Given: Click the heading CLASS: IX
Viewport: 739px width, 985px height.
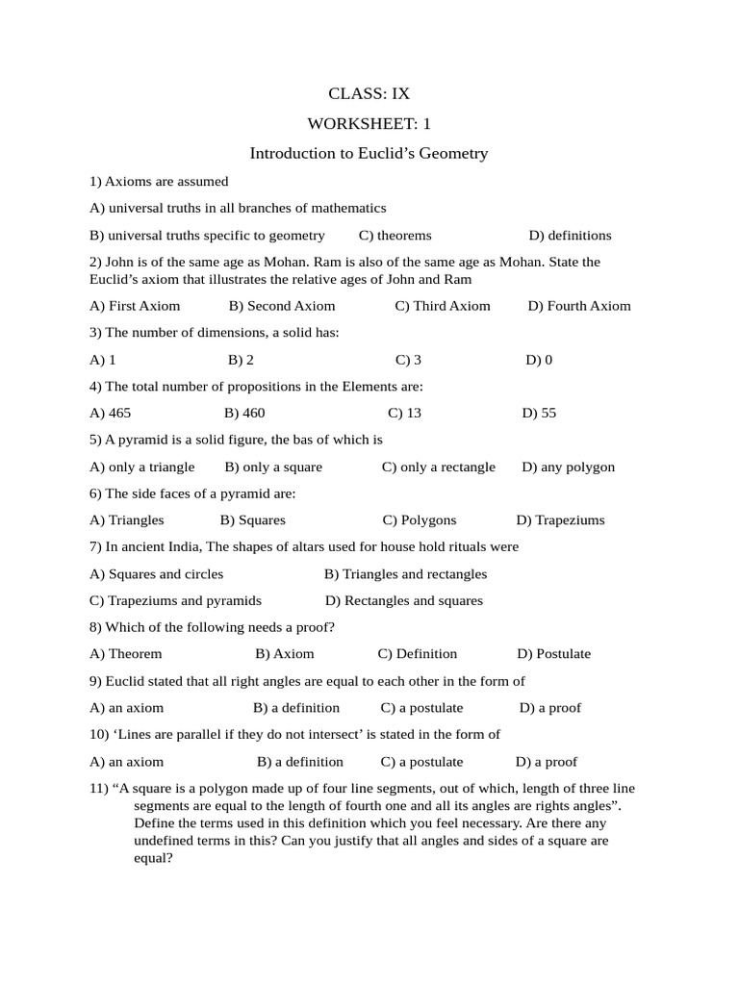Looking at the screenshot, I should point(369,93).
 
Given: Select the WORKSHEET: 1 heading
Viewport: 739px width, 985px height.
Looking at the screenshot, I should point(369,123).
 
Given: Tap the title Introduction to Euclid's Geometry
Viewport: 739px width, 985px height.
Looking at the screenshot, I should point(369,153).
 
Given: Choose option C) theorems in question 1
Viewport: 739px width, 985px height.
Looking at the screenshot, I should point(395,235).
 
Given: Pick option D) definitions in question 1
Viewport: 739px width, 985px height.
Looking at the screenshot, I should point(570,235).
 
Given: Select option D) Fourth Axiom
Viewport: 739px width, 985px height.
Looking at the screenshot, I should point(579,306).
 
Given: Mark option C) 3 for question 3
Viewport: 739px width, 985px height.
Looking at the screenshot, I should point(408,360).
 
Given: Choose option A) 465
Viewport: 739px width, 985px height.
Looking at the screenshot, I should point(110,413).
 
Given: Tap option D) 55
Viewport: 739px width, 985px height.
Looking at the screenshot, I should point(539,413).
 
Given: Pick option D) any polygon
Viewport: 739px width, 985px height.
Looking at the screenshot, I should point(568,467).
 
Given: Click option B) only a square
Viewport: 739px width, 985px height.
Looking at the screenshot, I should point(273,467).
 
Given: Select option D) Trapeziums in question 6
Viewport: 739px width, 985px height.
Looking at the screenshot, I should point(560,519).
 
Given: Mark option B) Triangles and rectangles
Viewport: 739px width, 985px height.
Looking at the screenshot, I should point(405,574).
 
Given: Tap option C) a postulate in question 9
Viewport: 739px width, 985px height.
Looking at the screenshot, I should point(421,707).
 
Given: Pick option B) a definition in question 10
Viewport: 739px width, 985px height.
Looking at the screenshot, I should point(300,761).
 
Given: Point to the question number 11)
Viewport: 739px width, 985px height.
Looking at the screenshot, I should point(98,788).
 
